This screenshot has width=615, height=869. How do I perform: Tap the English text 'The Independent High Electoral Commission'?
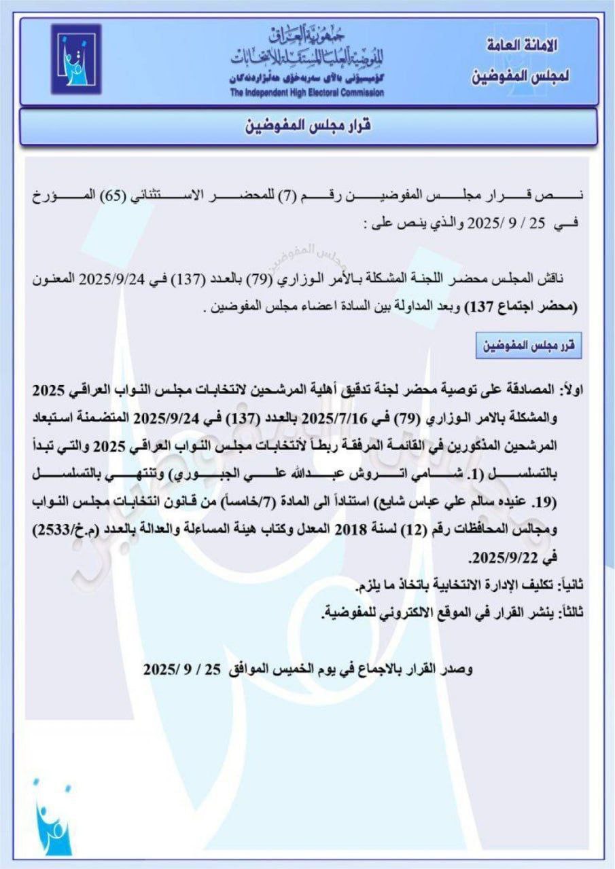pyautogui.click(x=306, y=92)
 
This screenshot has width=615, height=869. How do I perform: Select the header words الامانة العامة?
pyautogui.click(x=522, y=48)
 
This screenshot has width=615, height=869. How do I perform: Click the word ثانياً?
pyautogui.click(x=570, y=584)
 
